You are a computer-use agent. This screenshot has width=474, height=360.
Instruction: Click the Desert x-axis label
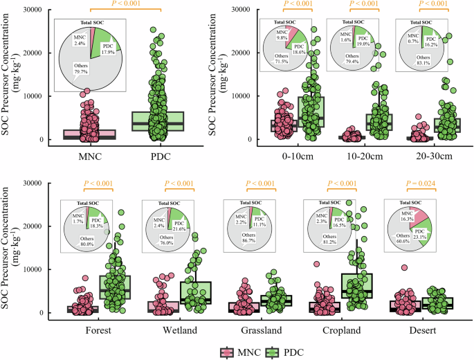click(421, 330)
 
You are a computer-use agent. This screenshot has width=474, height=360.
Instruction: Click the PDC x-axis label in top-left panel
click(160, 156)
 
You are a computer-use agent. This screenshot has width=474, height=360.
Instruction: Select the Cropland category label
click(340, 330)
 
